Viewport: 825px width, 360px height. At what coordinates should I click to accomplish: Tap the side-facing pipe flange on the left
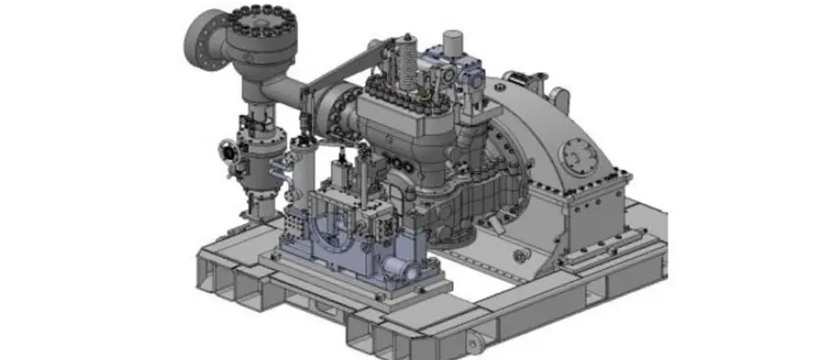tap(202, 40)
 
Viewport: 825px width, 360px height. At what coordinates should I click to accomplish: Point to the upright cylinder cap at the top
tap(453, 40)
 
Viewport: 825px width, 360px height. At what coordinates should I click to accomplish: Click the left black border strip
tap(40, 180)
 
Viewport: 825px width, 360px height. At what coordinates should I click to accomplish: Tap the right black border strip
tap(786, 180)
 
